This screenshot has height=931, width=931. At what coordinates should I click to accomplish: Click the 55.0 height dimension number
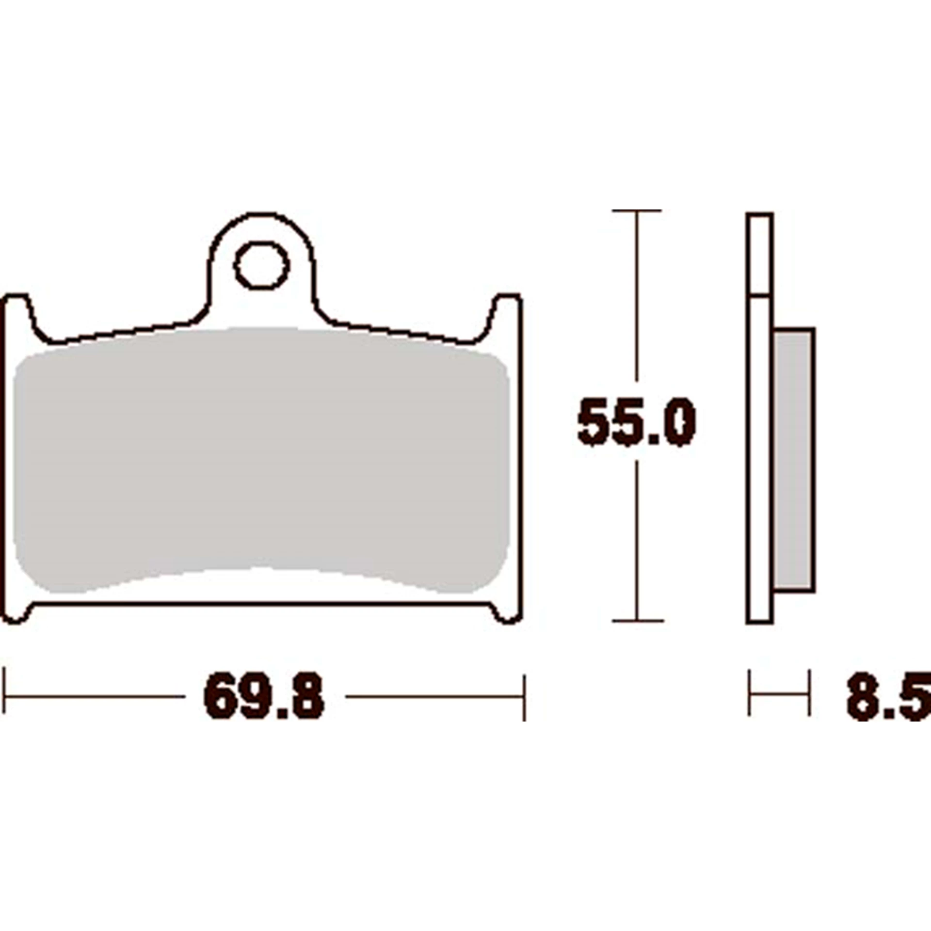click(636, 421)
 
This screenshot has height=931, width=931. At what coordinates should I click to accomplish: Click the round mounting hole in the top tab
click(262, 265)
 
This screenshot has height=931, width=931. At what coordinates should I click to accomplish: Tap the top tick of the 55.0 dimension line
click(636, 210)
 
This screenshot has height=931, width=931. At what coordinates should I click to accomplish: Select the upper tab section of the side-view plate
click(759, 255)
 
